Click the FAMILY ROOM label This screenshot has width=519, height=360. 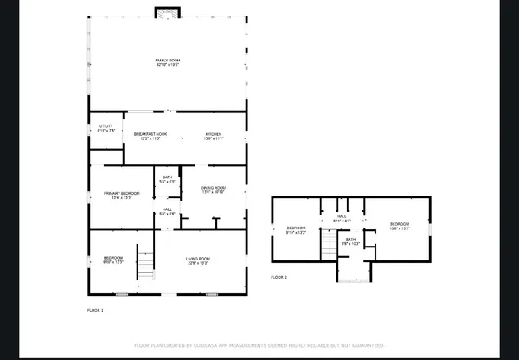tap(166, 61)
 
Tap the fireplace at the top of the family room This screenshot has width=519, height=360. tap(166, 12)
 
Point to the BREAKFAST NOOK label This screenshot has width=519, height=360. tap(150, 136)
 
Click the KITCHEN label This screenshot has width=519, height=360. tap(214, 136)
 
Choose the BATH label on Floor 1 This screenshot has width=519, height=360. tap(167, 179)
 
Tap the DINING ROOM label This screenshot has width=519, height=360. tap(213, 190)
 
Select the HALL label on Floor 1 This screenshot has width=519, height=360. tap(167, 210)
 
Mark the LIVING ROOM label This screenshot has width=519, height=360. tap(199, 260)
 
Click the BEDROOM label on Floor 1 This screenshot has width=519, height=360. tap(113, 260)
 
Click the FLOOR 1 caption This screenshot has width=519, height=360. tap(95, 309)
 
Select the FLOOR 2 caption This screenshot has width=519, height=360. tap(279, 277)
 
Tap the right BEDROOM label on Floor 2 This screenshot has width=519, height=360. tap(399, 227)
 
